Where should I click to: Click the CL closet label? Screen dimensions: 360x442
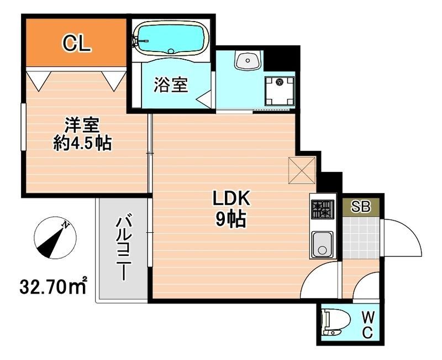pyautogui.click(x=76, y=43)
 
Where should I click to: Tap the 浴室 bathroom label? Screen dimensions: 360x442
pyautogui.click(x=171, y=85)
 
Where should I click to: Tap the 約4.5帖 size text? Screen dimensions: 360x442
pyautogui.click(x=82, y=144)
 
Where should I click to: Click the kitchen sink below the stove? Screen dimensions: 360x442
pyautogui.click(x=322, y=244)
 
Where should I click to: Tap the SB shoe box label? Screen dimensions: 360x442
pyautogui.click(x=361, y=208)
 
